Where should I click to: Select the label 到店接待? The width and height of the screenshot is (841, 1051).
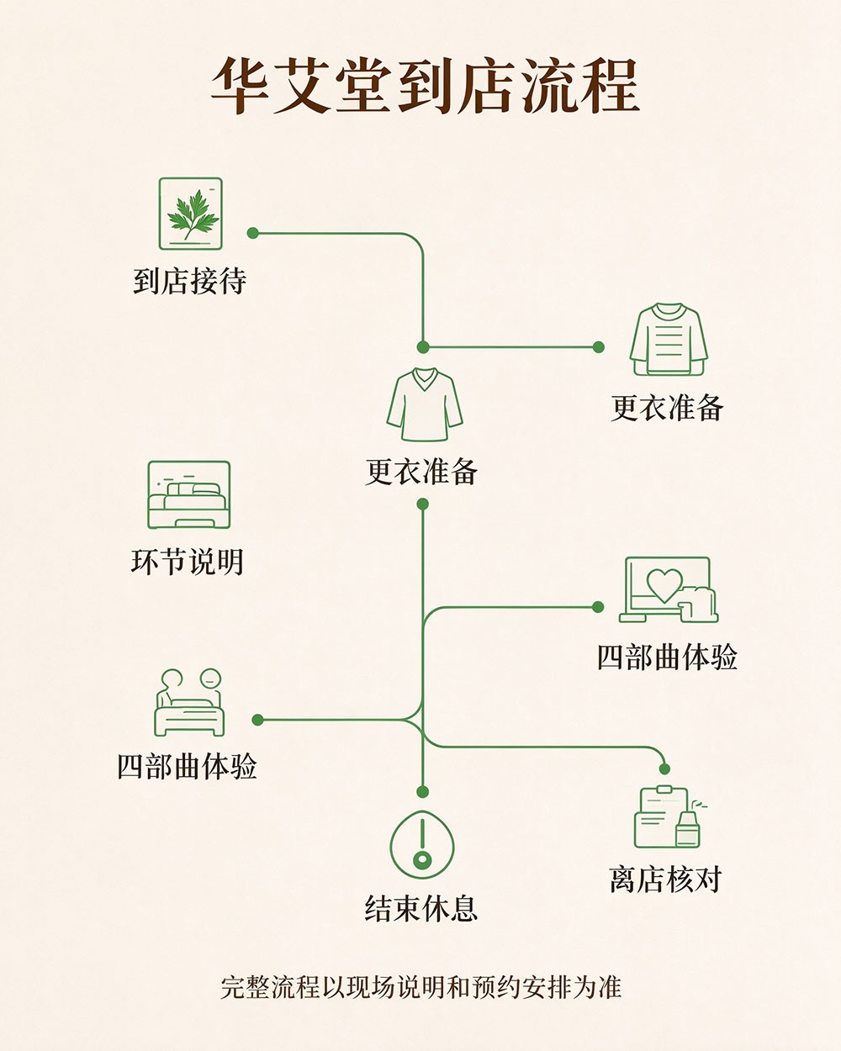[x=189, y=282]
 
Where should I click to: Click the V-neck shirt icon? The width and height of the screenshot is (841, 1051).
[x=424, y=404]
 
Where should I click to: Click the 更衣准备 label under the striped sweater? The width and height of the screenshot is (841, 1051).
[x=668, y=408]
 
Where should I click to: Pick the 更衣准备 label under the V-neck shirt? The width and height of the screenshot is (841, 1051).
[x=421, y=472]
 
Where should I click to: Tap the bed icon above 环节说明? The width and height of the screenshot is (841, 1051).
[x=189, y=494]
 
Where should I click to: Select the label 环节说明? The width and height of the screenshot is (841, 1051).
[x=188, y=562]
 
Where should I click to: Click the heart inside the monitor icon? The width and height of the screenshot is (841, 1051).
[x=664, y=584]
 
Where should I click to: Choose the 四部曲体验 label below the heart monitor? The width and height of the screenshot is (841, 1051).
[x=667, y=658]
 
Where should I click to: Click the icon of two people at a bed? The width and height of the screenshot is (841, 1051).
[x=189, y=702]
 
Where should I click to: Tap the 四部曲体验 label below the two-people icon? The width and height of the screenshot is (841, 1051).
[x=188, y=767]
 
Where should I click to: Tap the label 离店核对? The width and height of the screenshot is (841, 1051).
[x=665, y=880]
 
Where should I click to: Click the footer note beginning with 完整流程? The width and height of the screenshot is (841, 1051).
[x=421, y=987]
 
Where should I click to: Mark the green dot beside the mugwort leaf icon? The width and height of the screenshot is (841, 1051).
[x=252, y=233]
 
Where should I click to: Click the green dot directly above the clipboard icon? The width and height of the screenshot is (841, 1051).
[x=664, y=769]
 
